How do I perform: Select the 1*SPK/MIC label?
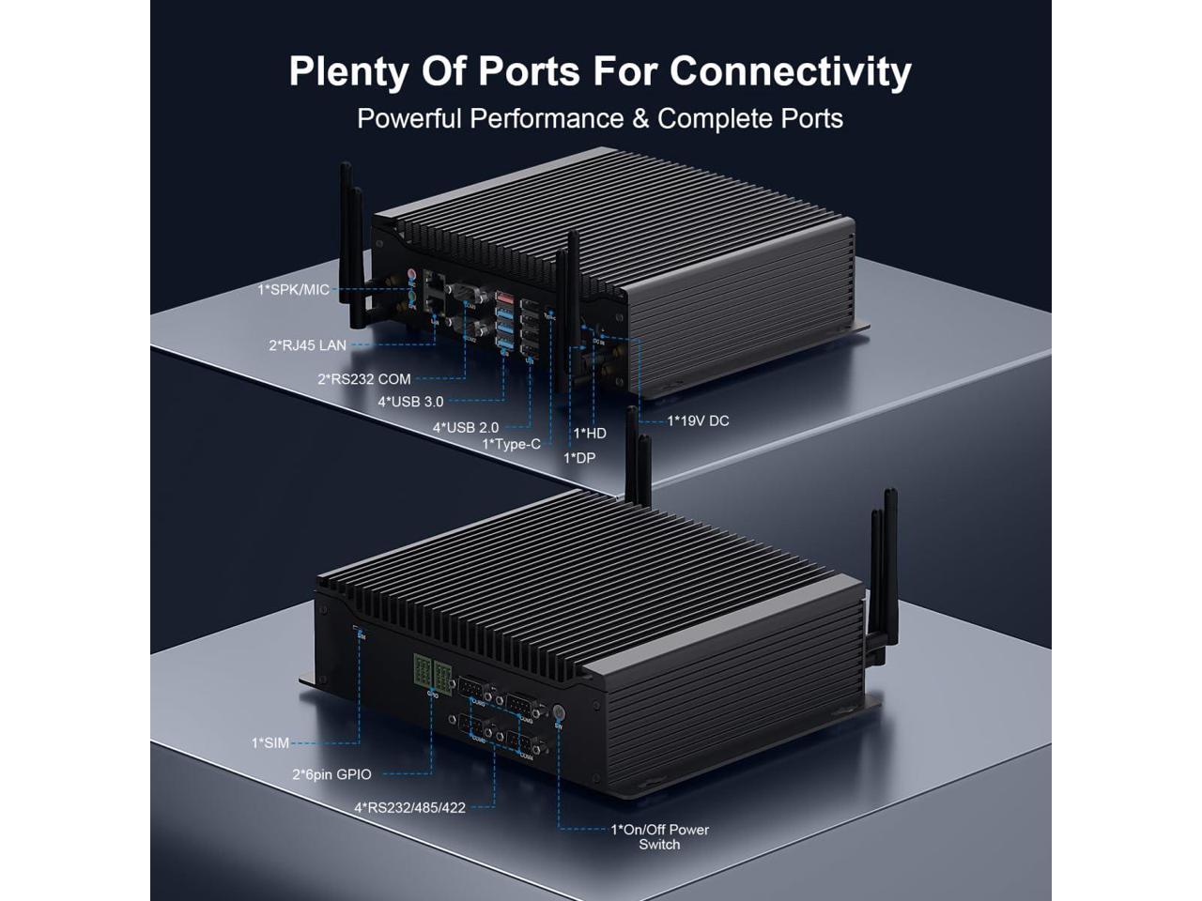coord(294,290)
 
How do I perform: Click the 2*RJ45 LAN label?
coord(307,345)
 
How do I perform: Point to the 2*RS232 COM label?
coord(364,379)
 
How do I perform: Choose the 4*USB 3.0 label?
coord(410,402)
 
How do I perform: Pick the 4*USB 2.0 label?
coord(466,427)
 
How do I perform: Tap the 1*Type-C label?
coord(512,444)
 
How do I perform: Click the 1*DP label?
coord(579,458)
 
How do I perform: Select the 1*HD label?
coord(590,433)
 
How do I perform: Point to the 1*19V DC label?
coord(698,420)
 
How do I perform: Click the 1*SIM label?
coord(270,743)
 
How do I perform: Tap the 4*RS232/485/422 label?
coord(409,806)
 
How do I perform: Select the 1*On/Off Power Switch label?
coord(659,836)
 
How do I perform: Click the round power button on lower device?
coord(558,710)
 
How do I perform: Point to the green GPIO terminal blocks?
coord(430,672)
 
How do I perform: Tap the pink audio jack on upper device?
coord(411,277)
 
